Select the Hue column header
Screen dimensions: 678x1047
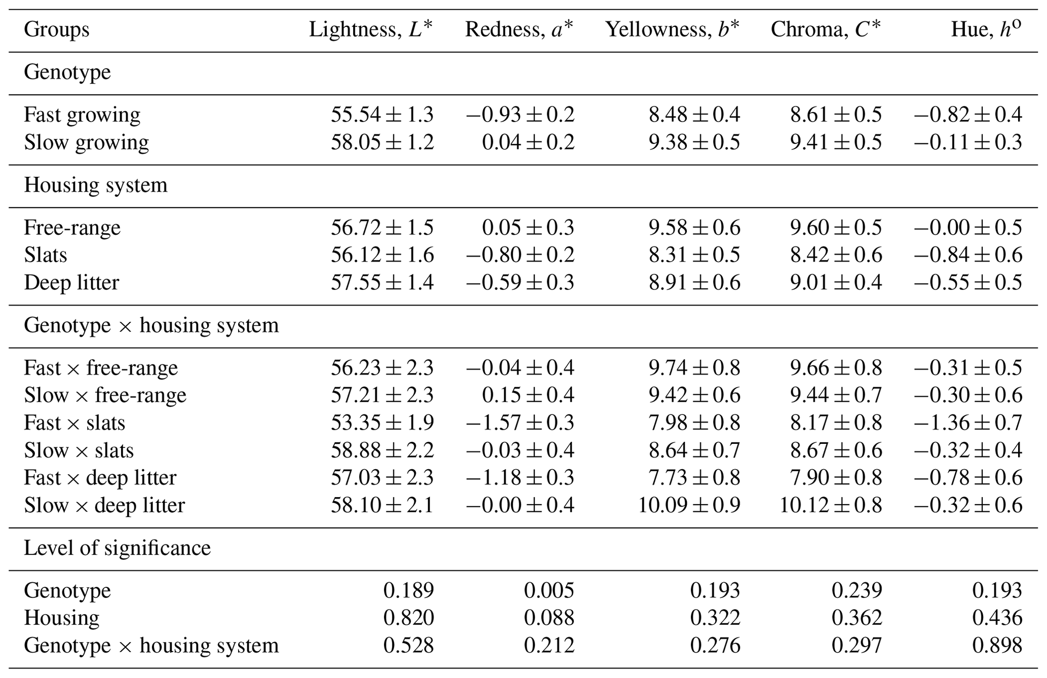coord(985,30)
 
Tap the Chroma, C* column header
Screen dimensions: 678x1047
coord(826,30)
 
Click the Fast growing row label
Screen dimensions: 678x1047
coord(82,115)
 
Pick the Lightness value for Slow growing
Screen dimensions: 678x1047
coord(382,142)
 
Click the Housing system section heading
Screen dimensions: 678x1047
coord(96,185)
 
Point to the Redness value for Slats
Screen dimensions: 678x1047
coord(520,255)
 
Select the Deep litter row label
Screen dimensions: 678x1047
coord(71,282)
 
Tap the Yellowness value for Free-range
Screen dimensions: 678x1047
coord(694,228)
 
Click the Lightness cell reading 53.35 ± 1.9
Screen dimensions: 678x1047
coord(382,423)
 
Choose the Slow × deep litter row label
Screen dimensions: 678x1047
coord(104,505)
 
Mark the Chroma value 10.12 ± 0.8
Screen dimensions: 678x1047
coord(830,505)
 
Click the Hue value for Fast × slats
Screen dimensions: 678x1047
coord(967,423)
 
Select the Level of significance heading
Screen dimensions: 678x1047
coord(117,548)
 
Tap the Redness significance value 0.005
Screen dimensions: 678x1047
coord(549,590)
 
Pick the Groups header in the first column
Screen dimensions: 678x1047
coord(57,30)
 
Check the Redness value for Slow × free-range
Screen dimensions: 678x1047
coord(528,395)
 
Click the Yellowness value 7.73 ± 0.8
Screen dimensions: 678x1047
coord(694,478)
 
